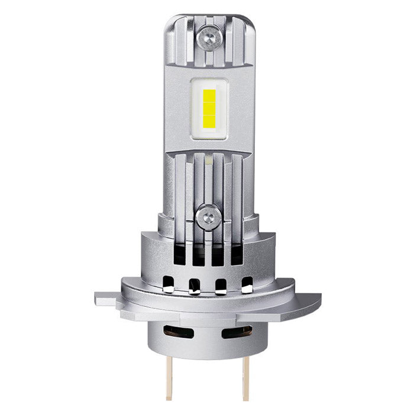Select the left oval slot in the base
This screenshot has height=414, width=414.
[x=178, y=332]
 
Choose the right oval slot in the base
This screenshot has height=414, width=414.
[x=237, y=332]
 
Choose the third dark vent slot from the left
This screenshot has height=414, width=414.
[x=218, y=255]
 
